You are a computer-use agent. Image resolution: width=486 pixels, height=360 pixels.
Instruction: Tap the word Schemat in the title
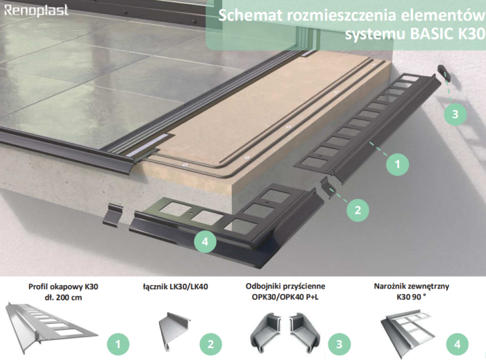click(x=249, y=15)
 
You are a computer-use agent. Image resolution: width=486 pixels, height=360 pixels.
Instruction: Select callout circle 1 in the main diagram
click(x=397, y=164)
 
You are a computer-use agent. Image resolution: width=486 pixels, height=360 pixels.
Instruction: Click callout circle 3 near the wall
click(x=455, y=113)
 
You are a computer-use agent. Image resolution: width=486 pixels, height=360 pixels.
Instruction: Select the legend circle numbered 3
click(x=339, y=342)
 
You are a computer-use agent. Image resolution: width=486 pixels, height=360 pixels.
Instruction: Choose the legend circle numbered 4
click(x=455, y=342)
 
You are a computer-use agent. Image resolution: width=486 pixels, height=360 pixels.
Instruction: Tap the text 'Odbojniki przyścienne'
click(x=285, y=286)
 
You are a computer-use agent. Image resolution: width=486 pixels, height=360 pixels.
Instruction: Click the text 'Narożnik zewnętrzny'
click(x=401, y=286)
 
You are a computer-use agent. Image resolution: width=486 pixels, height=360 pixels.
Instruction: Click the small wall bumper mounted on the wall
click(x=443, y=71)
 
